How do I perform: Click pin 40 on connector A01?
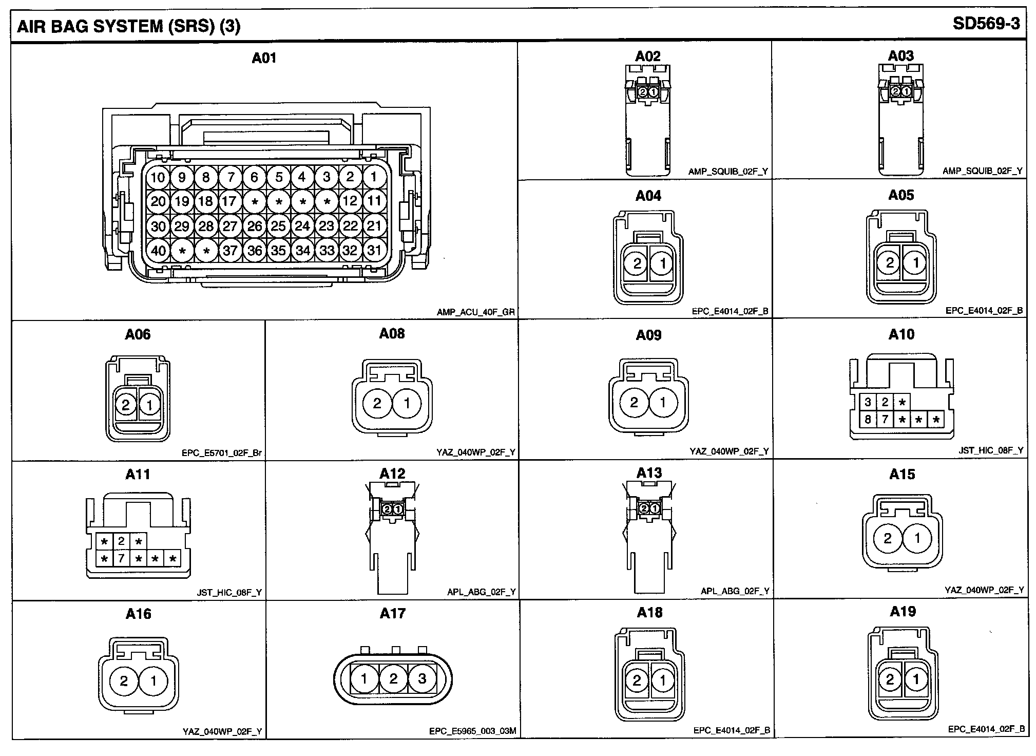[158, 251]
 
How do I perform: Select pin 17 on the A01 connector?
[230, 201]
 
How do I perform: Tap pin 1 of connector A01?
[374, 177]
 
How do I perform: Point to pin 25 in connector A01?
[278, 226]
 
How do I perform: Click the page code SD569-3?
[986, 24]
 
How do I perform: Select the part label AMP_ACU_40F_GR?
[475, 312]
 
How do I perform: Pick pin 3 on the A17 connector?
[422, 679]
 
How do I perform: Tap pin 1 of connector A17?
[364, 679]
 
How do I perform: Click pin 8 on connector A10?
[868, 420]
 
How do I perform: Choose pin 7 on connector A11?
[121, 558]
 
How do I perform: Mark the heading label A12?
[392, 474]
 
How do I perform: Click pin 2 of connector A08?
[377, 403]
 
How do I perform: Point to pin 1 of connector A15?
[917, 539]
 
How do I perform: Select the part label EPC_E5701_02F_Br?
[222, 453]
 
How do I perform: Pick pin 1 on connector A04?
[662, 264]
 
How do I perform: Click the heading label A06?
[138, 334]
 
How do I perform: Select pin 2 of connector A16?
[124, 681]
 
